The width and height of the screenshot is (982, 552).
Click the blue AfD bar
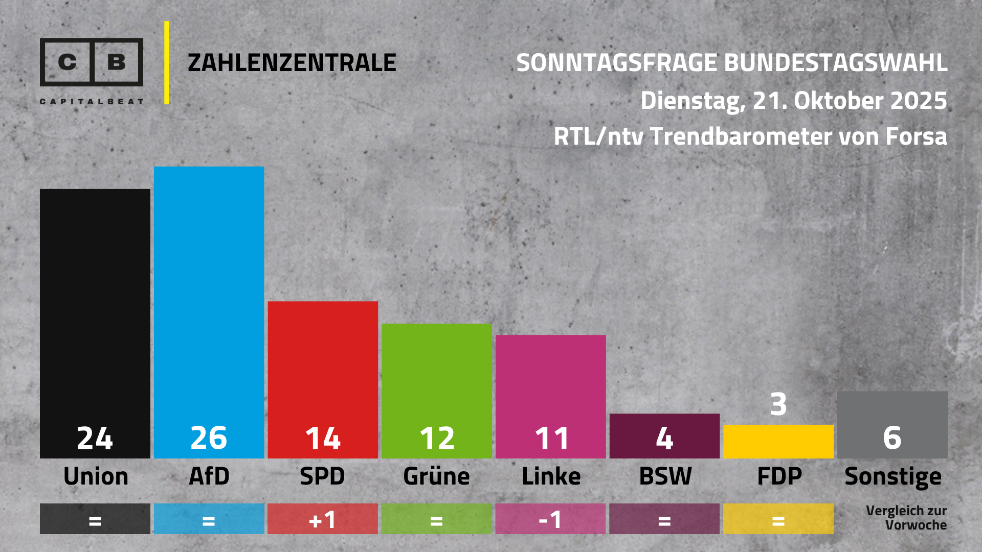pos(209,307)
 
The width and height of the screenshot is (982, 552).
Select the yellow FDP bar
pos(778,442)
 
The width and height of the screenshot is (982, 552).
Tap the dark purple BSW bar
pos(664,435)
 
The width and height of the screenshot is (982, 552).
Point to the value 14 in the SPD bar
pos(323,439)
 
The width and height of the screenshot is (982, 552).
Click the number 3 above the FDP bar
pos(778,404)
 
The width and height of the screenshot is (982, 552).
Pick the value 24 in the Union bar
pos(95,439)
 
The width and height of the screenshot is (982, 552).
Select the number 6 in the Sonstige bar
pos(892,438)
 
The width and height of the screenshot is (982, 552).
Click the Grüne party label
pos(436,477)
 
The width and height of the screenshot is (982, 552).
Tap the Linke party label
pos(551,477)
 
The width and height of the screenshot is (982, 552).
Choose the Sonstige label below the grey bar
pos(892,477)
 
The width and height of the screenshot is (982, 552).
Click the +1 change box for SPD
pos(323,519)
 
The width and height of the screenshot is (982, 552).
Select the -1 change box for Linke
pos(550,519)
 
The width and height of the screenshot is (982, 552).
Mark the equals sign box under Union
pos(95,519)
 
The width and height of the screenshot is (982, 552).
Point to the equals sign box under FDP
pos(778,519)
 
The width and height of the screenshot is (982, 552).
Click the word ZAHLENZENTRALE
pos(292,63)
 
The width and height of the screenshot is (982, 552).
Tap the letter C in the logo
pos(67,62)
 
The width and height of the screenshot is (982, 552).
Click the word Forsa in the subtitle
pos(916,136)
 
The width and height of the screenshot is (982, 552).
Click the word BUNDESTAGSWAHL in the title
pos(836,63)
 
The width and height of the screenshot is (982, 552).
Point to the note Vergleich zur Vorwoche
pos(906,518)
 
